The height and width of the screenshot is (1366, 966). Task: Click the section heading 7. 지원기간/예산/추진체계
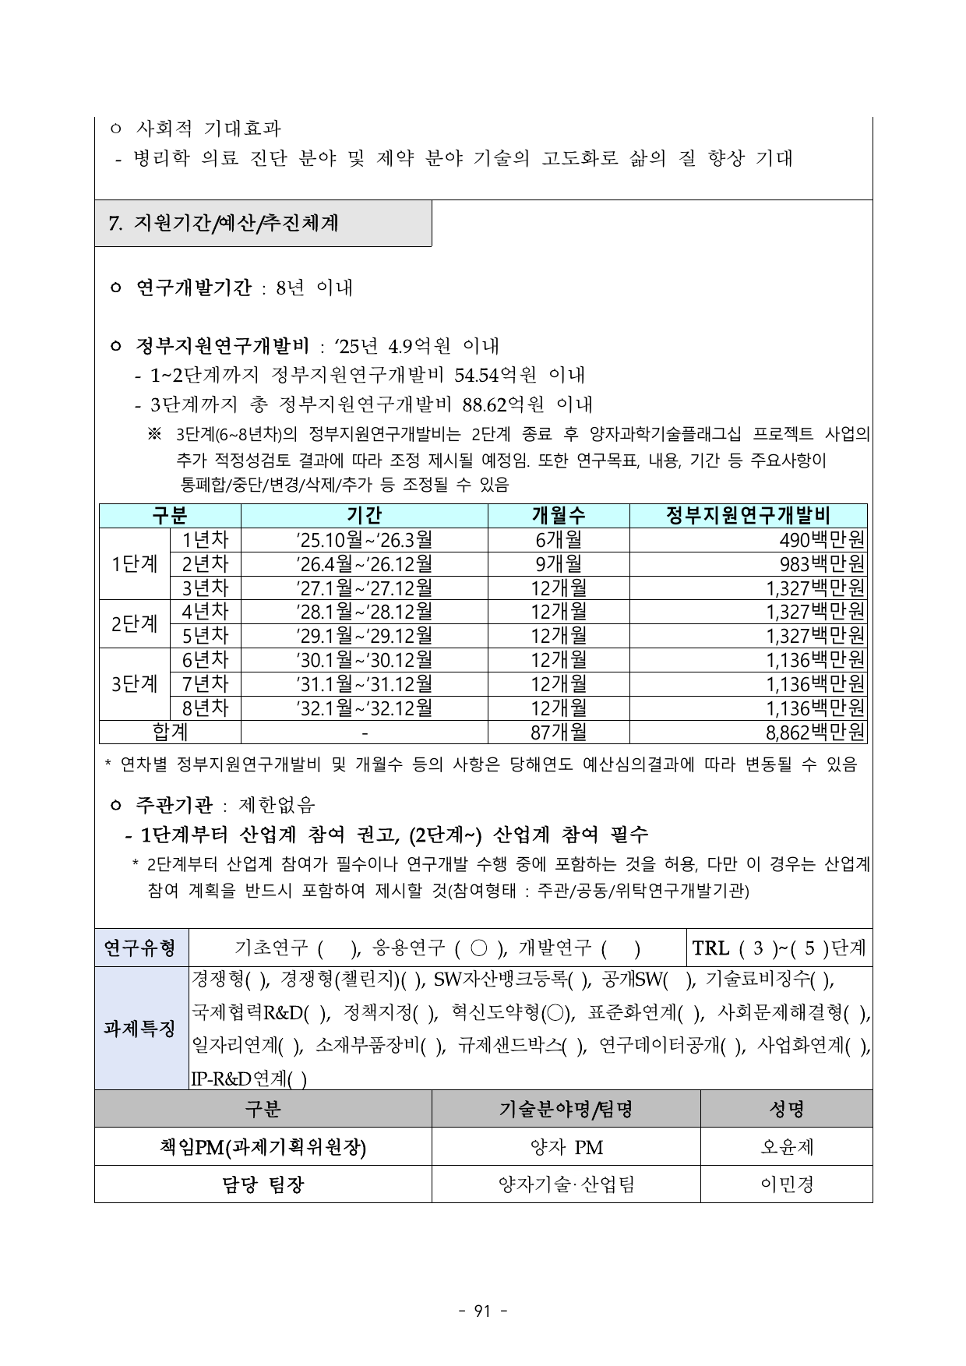(224, 224)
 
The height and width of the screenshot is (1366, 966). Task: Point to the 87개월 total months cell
(558, 732)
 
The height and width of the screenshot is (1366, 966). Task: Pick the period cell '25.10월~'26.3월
(364, 539)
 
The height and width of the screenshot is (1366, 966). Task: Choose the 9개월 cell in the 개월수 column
(558, 563)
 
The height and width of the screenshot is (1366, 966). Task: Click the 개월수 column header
(558, 515)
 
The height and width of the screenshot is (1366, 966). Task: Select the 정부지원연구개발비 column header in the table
(748, 515)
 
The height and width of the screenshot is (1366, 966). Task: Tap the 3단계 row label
(134, 684)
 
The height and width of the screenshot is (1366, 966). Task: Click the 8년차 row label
(205, 708)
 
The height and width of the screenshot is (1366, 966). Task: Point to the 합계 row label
(170, 732)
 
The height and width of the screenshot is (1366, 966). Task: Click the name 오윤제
(787, 1147)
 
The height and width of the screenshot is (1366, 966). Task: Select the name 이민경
(787, 1185)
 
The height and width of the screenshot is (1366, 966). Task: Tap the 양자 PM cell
(566, 1147)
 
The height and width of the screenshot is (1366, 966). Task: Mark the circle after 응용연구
(479, 948)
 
